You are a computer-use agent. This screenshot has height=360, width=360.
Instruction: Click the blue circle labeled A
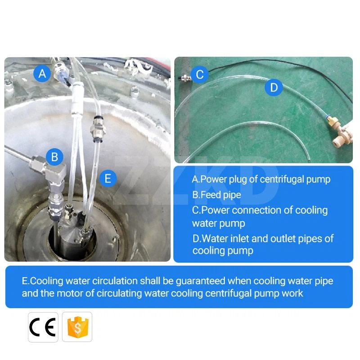[x=42, y=73]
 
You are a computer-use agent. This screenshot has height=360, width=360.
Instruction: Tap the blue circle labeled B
[x=55, y=157]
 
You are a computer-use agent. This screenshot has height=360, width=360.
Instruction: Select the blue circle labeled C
[x=200, y=74]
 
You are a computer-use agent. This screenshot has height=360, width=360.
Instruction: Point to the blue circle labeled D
[x=274, y=87]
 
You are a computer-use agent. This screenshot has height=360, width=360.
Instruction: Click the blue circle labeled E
[x=108, y=178]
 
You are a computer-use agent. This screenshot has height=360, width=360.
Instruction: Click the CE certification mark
[x=43, y=327]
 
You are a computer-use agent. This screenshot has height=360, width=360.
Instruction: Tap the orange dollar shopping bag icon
[x=77, y=327]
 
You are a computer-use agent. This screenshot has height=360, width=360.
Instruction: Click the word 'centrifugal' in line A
[x=284, y=179]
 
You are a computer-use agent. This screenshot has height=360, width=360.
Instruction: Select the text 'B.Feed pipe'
[x=216, y=195]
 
